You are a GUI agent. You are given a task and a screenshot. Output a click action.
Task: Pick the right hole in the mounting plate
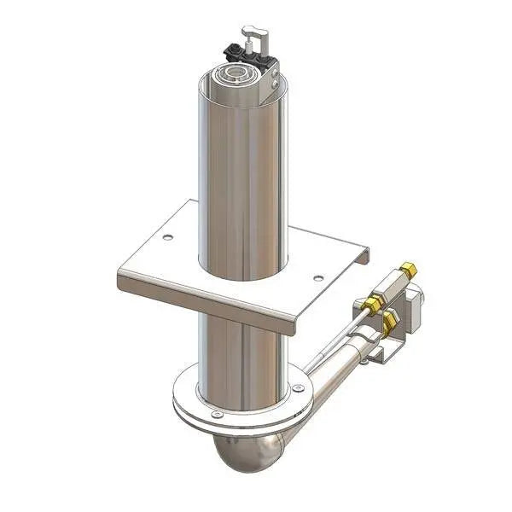318,277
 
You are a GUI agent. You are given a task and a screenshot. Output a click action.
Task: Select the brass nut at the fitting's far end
410,270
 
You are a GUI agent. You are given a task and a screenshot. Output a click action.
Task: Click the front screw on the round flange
216,415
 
